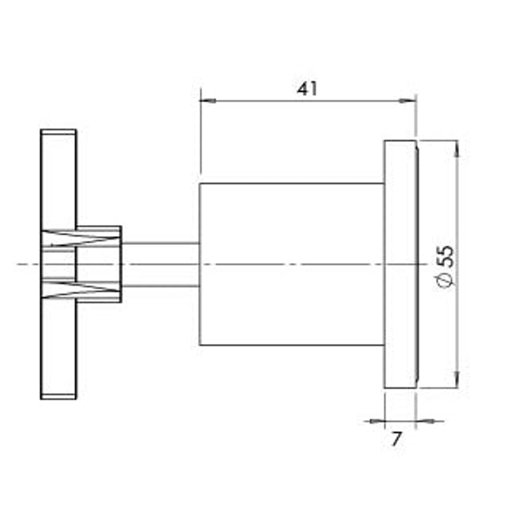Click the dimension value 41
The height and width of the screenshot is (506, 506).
tap(307, 89)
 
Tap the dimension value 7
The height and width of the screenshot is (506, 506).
tap(397, 439)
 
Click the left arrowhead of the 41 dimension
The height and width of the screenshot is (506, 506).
tap(206, 100)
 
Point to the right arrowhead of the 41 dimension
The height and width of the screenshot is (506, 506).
tap(409, 100)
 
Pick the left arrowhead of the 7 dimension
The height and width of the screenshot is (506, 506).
tap(378, 421)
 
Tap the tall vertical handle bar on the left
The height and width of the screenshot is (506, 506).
tap(58, 187)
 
